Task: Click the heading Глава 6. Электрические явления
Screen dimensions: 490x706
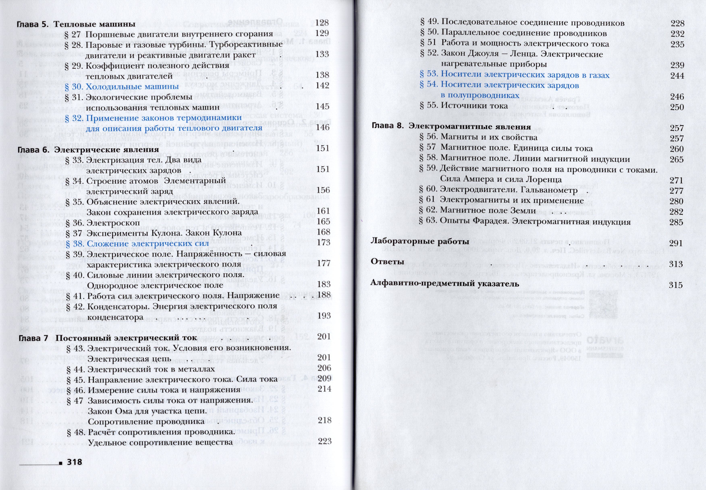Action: [88, 150]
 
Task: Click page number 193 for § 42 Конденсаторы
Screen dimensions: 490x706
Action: [324, 316]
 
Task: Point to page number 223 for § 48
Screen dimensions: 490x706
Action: [325, 441]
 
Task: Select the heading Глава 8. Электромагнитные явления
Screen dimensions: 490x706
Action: [451, 127]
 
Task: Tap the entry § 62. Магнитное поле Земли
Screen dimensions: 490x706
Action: [478, 211]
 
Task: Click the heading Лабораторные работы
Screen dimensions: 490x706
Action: [420, 241]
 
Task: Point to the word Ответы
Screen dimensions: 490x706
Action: [387, 262]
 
